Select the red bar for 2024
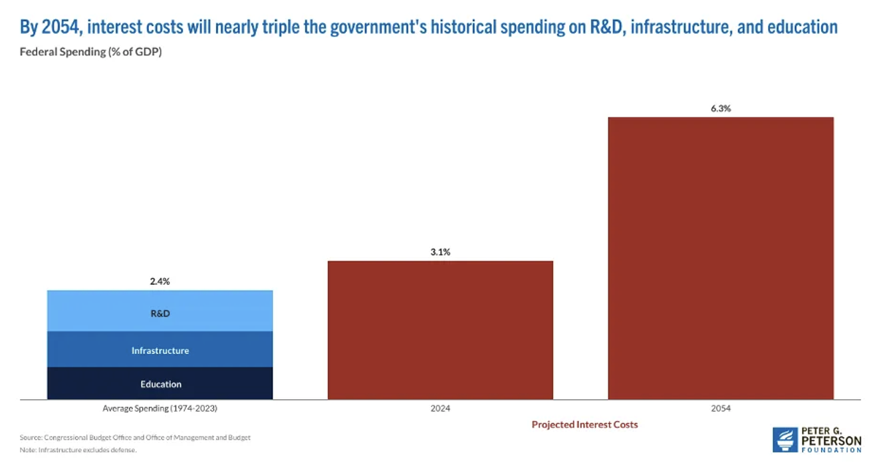[440, 330]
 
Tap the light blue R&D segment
[160, 311]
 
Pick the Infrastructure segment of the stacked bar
[160, 350]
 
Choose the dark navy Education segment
[160, 383]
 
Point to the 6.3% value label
[720, 108]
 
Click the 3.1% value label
[440, 252]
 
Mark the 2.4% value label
[160, 281]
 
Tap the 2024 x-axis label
[440, 408]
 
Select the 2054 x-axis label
[720, 408]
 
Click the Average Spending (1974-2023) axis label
[160, 408]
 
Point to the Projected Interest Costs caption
[584, 424]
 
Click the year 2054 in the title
[60, 27]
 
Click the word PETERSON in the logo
[831, 441]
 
